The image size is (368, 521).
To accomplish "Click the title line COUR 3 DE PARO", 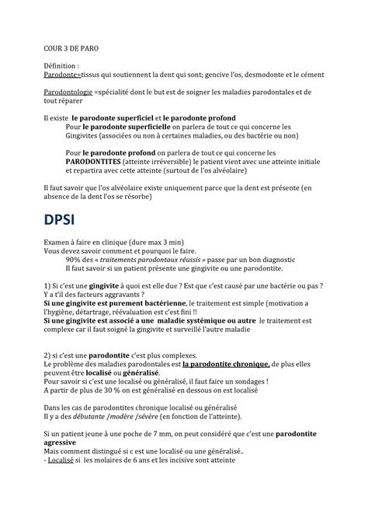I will pos(71,48).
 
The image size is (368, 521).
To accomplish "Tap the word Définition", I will pos(61,67).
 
